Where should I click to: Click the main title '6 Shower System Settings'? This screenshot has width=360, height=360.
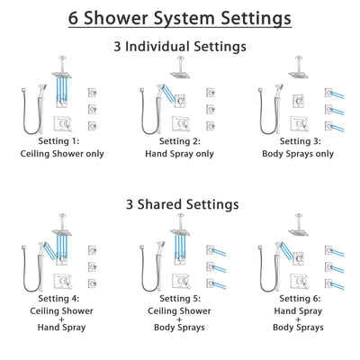point(180,18)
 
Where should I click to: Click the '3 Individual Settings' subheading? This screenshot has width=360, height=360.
point(180,46)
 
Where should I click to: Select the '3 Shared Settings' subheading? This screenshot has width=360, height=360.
point(180,204)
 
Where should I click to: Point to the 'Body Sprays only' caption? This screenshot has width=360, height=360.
point(298,154)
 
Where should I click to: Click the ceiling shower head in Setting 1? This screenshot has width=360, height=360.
point(60,75)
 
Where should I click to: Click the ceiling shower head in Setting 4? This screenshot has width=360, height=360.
point(60,231)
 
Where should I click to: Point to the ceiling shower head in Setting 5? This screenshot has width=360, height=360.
point(179,231)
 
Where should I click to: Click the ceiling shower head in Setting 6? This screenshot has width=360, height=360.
point(298,231)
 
